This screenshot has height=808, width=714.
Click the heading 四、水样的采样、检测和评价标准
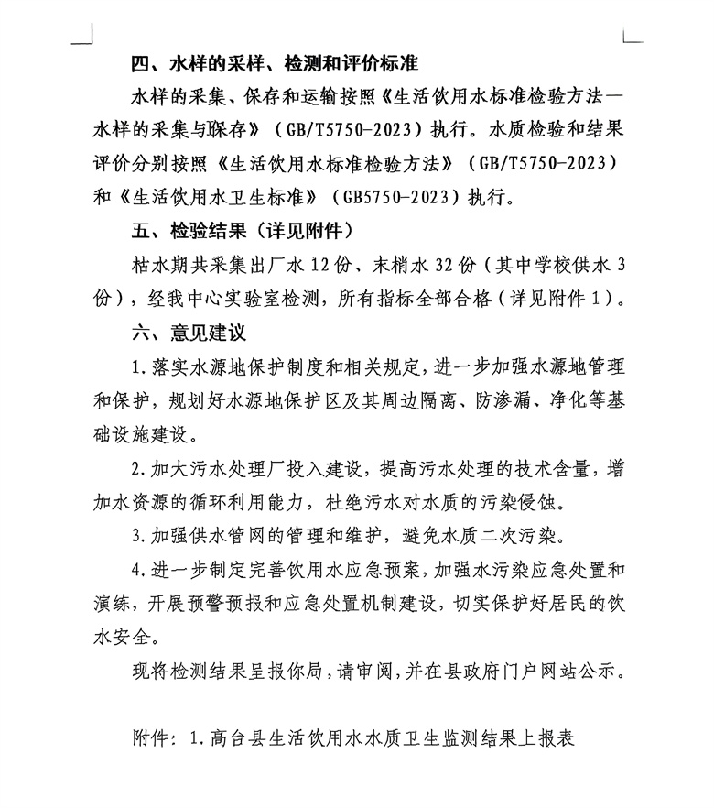click(x=275, y=65)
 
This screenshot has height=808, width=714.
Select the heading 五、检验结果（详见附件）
click(x=243, y=226)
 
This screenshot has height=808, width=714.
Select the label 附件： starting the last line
click(x=157, y=737)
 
